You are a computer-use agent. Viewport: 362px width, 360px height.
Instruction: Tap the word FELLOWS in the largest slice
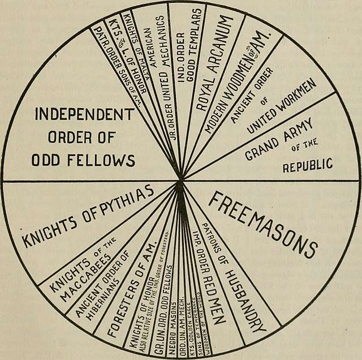click(107, 161)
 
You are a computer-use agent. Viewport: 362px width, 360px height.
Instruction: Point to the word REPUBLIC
click(307, 167)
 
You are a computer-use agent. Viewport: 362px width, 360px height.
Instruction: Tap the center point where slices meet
click(181, 181)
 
